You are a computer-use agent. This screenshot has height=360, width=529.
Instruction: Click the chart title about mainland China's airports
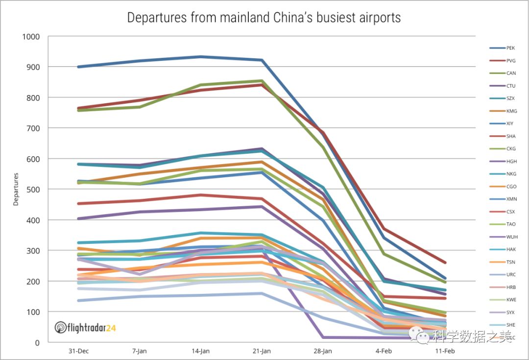click(264, 18)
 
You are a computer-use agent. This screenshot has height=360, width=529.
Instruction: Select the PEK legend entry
click(510, 48)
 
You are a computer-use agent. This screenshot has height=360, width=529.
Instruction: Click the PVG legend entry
click(510, 61)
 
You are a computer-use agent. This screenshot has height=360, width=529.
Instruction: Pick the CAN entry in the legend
click(510, 73)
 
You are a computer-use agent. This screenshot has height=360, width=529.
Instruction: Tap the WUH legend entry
click(511, 237)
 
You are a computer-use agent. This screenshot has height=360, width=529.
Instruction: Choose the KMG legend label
click(511, 111)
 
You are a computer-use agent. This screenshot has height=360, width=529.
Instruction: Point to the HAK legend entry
click(511, 249)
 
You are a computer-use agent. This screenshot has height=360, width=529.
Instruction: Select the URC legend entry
click(511, 275)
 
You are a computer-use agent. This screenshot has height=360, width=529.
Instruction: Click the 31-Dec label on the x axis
click(79, 351)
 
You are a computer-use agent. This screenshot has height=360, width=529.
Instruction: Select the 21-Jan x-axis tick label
click(262, 351)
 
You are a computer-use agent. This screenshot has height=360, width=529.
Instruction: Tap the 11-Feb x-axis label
click(445, 351)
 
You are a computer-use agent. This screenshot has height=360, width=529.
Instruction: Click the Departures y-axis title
click(16, 189)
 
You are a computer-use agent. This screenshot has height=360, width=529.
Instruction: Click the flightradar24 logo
click(84, 327)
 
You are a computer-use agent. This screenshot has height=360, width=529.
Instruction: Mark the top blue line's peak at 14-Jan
click(201, 57)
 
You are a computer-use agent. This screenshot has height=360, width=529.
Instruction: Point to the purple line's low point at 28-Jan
click(323, 337)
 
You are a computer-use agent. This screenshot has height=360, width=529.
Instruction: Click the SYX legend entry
click(511, 312)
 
